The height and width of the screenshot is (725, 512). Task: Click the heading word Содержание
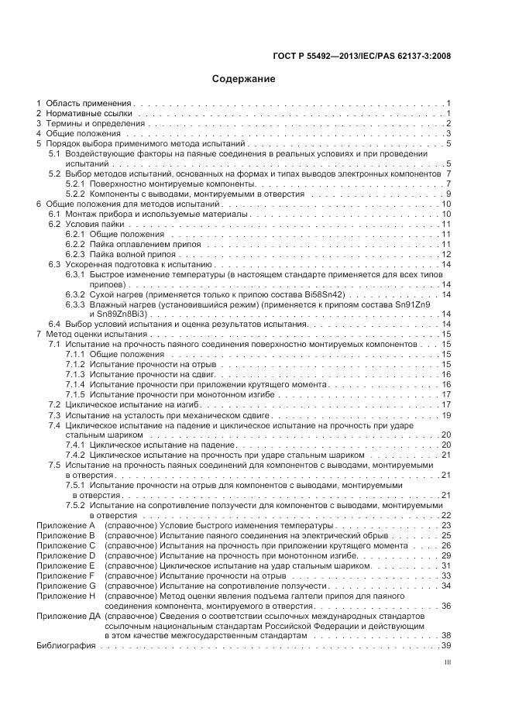(x=243, y=78)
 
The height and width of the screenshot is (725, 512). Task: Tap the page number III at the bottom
(x=447, y=662)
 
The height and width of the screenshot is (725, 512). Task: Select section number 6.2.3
(x=75, y=254)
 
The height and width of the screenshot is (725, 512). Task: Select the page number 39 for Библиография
(x=445, y=646)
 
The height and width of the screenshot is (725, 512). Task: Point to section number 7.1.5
(x=75, y=394)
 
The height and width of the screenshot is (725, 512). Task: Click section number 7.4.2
(x=75, y=455)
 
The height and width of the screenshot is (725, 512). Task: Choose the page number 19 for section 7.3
(x=445, y=414)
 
